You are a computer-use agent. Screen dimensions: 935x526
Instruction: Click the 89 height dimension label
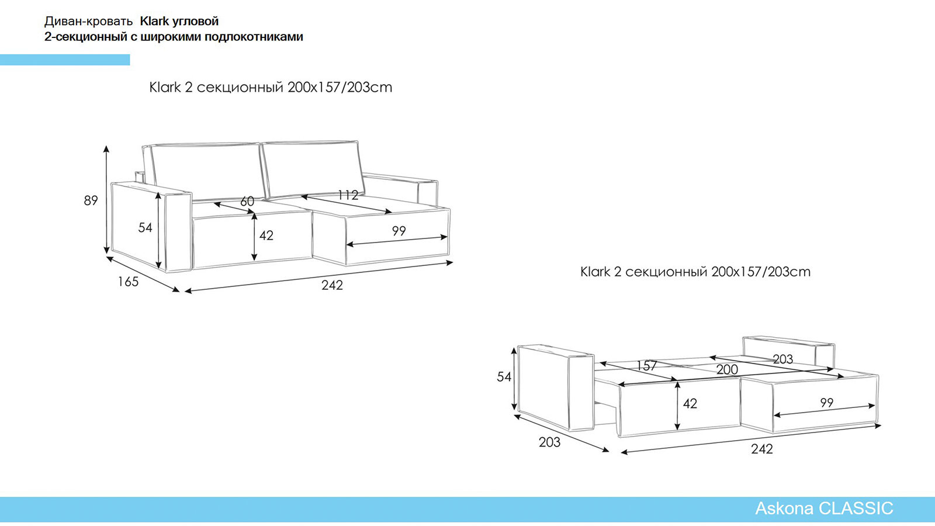91,200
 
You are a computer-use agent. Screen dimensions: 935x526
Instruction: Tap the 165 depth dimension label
128,282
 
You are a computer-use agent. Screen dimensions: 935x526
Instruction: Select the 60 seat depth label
247,201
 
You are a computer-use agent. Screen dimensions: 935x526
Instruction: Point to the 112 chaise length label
348,195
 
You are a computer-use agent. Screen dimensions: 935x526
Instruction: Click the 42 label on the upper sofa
266,236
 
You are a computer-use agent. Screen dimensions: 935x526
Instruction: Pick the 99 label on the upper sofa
399,231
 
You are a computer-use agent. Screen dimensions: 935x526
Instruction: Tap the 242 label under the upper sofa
332,285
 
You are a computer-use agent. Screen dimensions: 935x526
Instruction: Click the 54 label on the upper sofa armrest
146,227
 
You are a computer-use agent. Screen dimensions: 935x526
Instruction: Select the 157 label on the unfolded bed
646,366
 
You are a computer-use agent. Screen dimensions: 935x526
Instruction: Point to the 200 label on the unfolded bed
727,369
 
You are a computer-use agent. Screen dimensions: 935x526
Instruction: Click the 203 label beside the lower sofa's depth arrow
549,442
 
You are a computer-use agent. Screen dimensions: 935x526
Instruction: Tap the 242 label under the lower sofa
762,449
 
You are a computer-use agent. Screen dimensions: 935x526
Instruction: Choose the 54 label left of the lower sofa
504,377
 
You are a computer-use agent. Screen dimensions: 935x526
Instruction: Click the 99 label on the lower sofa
826,403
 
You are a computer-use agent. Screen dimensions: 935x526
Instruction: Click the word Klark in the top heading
154,21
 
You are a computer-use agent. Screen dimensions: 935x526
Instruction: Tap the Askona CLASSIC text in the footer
824,508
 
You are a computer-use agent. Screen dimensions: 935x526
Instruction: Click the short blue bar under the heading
65,60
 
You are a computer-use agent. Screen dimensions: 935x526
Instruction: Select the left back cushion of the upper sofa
207,171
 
